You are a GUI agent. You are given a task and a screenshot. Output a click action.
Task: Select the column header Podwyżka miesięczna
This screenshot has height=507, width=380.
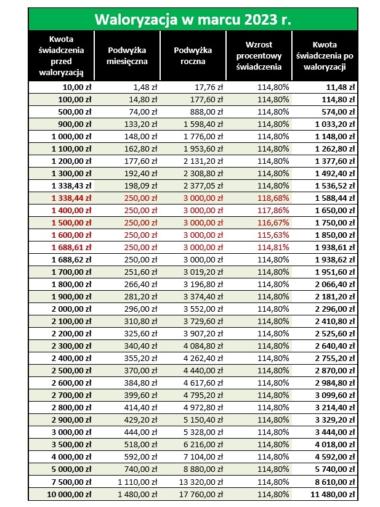coord(127,55)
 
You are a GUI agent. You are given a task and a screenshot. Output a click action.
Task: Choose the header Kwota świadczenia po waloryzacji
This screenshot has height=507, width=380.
coord(324,55)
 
